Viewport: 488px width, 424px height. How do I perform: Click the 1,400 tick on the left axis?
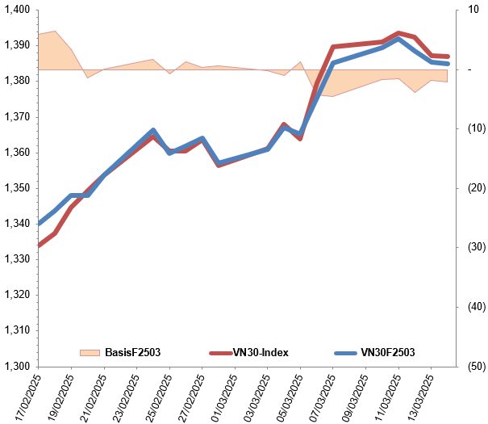pos(16,10)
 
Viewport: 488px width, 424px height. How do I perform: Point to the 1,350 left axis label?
pos(16,188)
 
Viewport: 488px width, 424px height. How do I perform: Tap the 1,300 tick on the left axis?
pos(16,366)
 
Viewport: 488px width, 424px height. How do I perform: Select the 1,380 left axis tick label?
pos(16,81)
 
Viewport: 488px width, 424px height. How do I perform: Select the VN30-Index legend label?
pos(260,352)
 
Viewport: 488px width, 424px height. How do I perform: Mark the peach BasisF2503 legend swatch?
pos(90,352)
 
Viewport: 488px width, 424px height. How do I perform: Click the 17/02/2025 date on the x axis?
pos(26,396)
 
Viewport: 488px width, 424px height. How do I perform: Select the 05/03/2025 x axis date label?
pos(288,396)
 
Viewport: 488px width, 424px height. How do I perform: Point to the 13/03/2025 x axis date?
pos(419,396)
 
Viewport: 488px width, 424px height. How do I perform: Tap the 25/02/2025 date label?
pos(157,396)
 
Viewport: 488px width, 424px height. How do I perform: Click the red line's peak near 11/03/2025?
pos(398,33)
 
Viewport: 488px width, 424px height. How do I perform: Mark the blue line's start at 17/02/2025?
pos(39,224)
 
